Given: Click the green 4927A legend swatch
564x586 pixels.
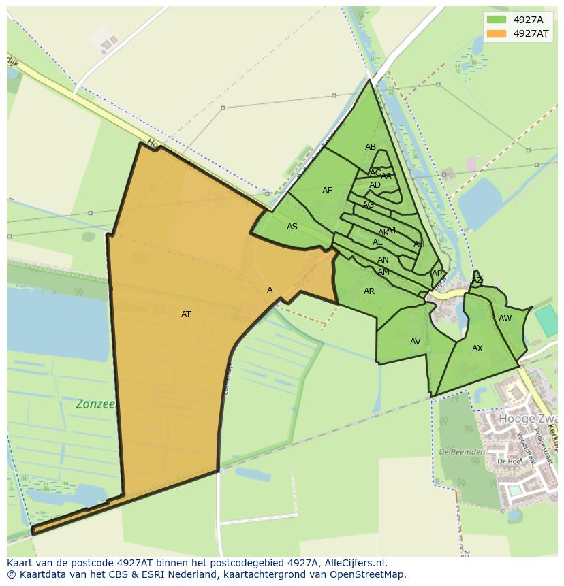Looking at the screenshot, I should (x=497, y=20).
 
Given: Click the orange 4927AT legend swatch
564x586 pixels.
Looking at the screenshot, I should (x=497, y=33).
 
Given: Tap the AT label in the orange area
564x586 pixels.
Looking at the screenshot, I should (x=186, y=314).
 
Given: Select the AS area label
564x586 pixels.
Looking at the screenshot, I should (x=292, y=227).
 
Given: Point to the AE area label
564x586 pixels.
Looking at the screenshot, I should (x=328, y=191).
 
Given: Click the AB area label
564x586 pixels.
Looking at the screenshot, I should (x=371, y=147).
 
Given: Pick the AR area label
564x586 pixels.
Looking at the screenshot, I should (x=369, y=291).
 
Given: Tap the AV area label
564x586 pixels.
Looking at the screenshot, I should (x=416, y=342).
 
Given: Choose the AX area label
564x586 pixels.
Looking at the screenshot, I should (x=477, y=348).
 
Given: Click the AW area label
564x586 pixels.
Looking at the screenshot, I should (x=505, y=319).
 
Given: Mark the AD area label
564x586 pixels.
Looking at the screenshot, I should (x=375, y=185).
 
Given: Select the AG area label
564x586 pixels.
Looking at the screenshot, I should (x=369, y=205).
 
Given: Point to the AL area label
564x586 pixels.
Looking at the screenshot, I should (x=377, y=242).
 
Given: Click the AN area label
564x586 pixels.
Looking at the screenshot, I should (x=383, y=260).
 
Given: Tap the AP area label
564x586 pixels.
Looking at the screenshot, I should (x=437, y=274).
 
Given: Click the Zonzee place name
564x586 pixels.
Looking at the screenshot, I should (x=96, y=404).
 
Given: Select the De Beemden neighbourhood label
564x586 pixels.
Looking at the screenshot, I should (x=462, y=452).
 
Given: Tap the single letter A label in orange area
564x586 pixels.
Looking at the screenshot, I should (x=270, y=290).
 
